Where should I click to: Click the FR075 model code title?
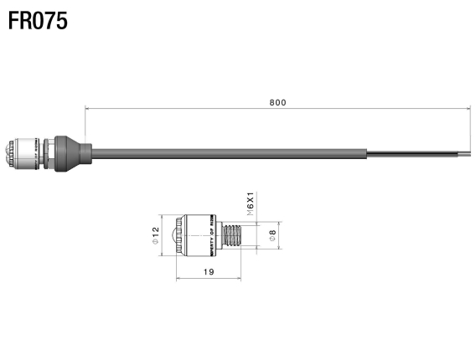[38, 20]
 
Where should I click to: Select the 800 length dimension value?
[277, 102]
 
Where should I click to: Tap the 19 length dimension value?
[208, 272]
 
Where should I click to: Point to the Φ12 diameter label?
[156, 235]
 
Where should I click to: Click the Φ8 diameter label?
[273, 236]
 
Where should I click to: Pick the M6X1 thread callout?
[250, 204]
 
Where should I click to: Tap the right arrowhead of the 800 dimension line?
[466, 108]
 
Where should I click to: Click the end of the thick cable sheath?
[366, 152]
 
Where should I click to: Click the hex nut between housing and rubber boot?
[49, 152]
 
